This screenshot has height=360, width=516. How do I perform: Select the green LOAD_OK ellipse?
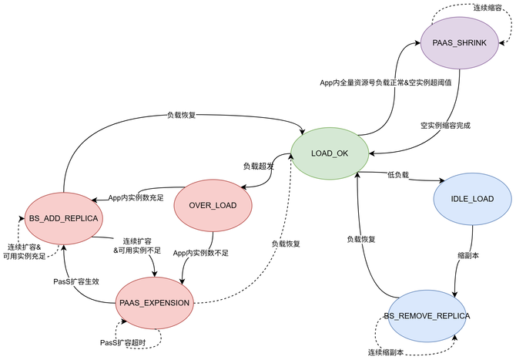click(330, 153)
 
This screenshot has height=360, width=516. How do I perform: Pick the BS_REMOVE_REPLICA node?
click(427, 317)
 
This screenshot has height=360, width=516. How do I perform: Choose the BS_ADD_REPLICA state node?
click(62, 219)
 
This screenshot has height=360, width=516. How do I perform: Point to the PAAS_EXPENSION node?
click(154, 302)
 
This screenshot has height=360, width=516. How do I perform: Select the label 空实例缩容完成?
click(445, 125)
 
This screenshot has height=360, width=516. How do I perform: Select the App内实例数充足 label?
click(137, 197)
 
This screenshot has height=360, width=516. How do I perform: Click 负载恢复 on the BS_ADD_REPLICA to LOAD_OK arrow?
click(181, 116)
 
